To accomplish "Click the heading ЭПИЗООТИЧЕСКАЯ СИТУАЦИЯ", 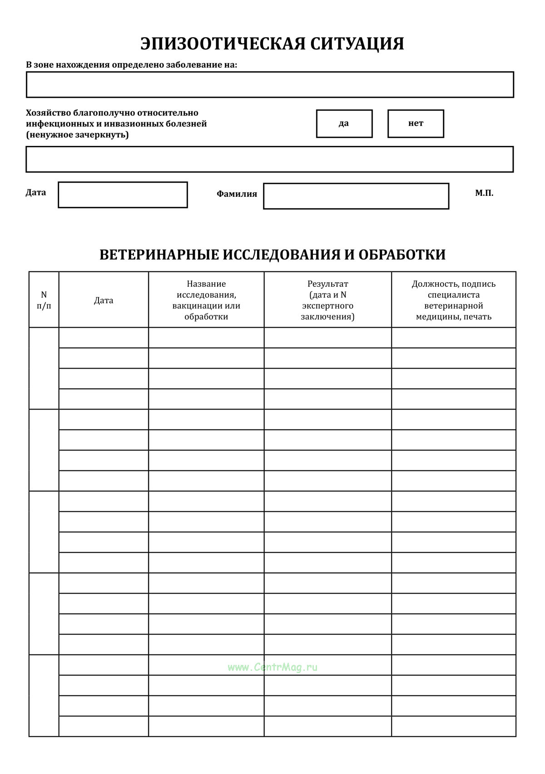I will pos(272,44).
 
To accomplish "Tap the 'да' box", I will pos(344,124).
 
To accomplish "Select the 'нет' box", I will pos(415,124).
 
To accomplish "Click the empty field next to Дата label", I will pos(123,195).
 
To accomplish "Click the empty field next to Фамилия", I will pos(356,196).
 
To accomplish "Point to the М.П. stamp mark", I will pos(484,193).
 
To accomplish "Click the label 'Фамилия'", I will pos(237,194).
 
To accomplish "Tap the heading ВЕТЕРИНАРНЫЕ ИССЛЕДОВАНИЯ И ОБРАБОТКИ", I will pos(272,255).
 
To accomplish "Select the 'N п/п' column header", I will pos(44,300).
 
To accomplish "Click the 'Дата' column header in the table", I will pos(104,300).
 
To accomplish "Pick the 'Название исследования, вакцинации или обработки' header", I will pos(206,300).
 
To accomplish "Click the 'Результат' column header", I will pos(327,300).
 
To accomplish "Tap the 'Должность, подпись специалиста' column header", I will pos(453,300).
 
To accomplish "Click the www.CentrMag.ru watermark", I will pos(272,667).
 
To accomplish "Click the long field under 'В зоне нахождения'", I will pos(270,85).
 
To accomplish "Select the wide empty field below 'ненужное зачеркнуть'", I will pos(270,160).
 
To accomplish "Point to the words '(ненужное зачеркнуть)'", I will pos(77,135).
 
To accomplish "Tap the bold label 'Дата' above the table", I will pos(36,192).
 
